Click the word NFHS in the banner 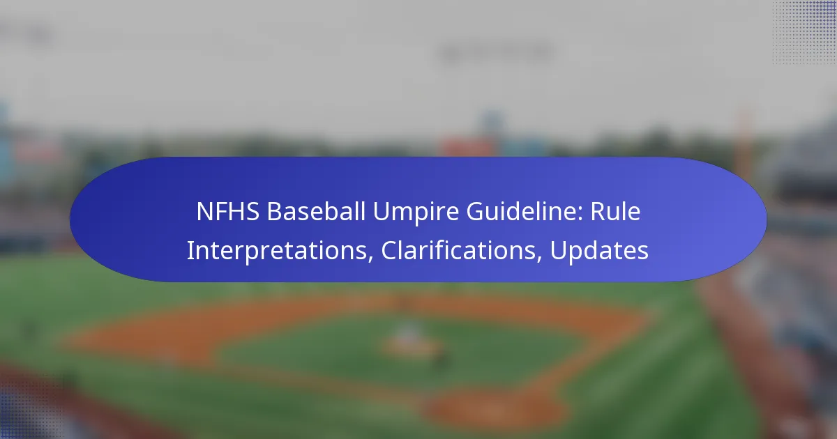pos(228,212)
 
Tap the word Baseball pos(316,211)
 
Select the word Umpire pos(416,213)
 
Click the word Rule pos(615,211)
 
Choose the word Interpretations pos(277,252)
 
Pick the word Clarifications pos(458,250)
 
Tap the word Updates pos(599,252)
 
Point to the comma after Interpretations pos(370,259)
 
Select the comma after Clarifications pos(540,259)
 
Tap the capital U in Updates pos(558,250)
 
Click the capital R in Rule pos(598,212)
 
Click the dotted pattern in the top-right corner pos(804,33)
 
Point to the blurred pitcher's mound pos(411,344)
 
